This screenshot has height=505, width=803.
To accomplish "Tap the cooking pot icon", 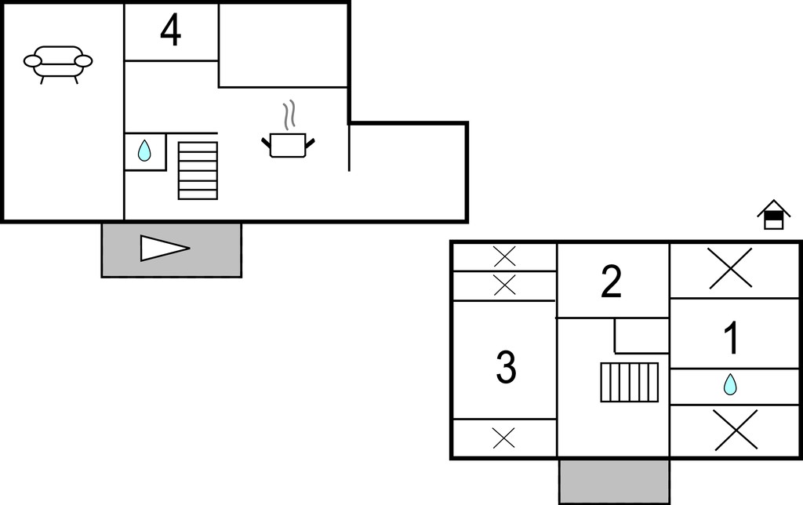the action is click(x=288, y=145).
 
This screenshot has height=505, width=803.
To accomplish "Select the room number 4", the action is click(x=170, y=31).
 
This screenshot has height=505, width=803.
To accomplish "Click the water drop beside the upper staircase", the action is click(x=144, y=151).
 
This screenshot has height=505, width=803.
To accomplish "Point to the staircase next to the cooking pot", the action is click(x=198, y=170).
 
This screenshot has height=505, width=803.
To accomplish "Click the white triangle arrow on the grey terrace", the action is click(x=165, y=249).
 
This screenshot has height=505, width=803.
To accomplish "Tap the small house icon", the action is click(x=774, y=215).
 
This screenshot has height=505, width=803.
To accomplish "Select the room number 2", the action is click(x=612, y=282).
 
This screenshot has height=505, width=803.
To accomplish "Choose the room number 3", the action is click(x=506, y=367).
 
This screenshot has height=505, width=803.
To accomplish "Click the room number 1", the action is click(x=732, y=337).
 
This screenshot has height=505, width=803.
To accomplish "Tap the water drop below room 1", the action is click(x=730, y=385).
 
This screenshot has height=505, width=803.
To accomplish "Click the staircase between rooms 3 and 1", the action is click(x=630, y=382).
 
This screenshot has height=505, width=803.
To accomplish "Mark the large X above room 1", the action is click(x=731, y=268).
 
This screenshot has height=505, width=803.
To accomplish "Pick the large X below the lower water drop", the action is click(x=736, y=431).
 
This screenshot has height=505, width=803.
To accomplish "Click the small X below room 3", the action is click(x=503, y=438).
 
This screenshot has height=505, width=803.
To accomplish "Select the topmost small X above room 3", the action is click(x=504, y=256).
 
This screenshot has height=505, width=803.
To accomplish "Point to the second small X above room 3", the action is click(x=504, y=285).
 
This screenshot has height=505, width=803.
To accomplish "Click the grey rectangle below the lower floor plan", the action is click(x=615, y=481).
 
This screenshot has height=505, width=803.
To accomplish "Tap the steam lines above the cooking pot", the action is click(x=290, y=114).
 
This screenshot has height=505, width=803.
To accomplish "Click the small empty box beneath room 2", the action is click(x=641, y=336).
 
